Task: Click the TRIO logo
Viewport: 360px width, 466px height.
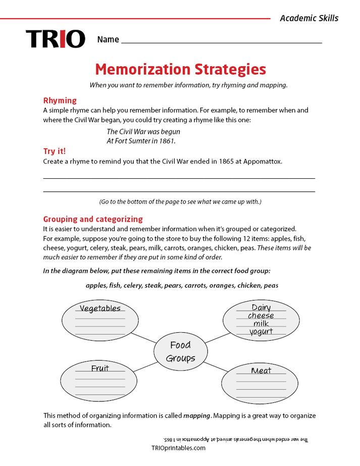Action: tap(56, 39)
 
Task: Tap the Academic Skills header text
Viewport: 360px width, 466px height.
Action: tap(309, 18)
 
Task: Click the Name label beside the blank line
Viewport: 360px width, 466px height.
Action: tap(108, 39)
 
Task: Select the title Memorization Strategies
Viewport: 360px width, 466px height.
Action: tap(180, 69)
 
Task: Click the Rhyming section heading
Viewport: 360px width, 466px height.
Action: tap(60, 100)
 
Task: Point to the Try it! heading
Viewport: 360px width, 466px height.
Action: tap(55, 151)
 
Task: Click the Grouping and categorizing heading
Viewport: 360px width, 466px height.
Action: tap(93, 219)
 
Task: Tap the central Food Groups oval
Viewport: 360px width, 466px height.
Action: tap(180, 351)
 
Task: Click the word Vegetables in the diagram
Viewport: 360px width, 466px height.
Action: tap(100, 308)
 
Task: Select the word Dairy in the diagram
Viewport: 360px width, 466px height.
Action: tap(261, 307)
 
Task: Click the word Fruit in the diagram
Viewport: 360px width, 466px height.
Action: tap(100, 368)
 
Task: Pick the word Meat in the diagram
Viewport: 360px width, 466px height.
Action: tap(261, 371)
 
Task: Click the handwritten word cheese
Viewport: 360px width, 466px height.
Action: tap(261, 316)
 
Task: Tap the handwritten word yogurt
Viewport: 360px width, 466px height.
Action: tap(261, 332)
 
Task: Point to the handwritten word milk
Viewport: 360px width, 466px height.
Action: tap(261, 324)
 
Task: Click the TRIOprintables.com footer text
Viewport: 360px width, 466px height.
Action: tap(178, 448)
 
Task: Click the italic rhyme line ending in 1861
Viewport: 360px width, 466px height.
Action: tap(141, 141)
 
